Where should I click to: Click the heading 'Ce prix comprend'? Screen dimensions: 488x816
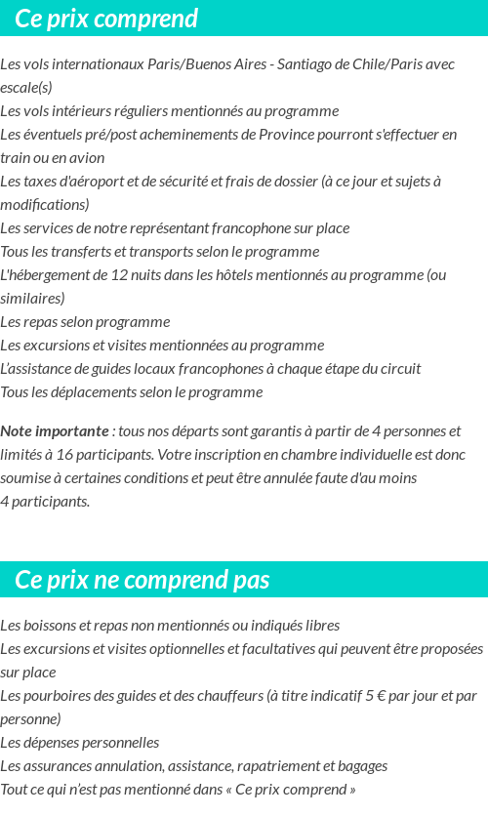(x=106, y=19)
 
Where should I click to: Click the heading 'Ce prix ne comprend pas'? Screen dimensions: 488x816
(x=142, y=580)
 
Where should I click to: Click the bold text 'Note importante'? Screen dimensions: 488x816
(x=55, y=431)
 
